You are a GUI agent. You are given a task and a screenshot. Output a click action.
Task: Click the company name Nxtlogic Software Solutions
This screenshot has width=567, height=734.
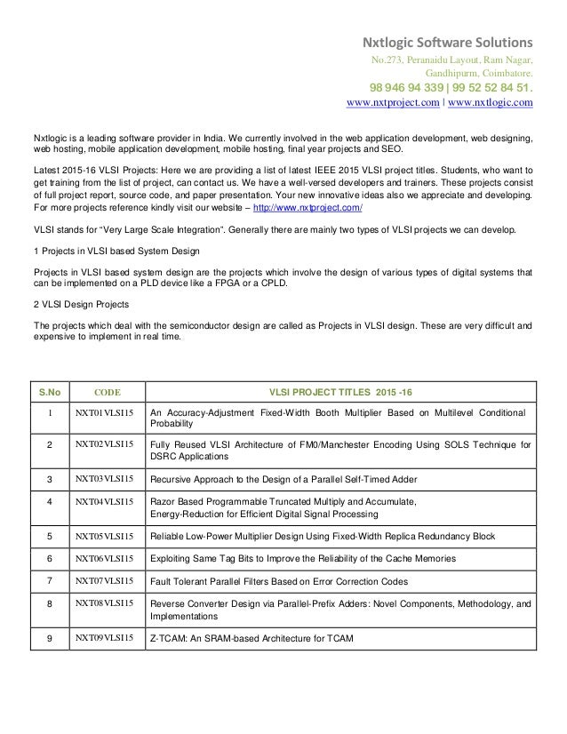[x=445, y=42]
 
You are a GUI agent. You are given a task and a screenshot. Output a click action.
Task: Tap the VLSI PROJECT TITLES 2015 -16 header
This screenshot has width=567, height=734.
[x=341, y=390]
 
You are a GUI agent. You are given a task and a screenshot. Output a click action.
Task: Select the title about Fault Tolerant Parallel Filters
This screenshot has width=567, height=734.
[x=279, y=581]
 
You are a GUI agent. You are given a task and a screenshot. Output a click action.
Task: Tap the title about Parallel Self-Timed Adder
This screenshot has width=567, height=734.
[x=283, y=479]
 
